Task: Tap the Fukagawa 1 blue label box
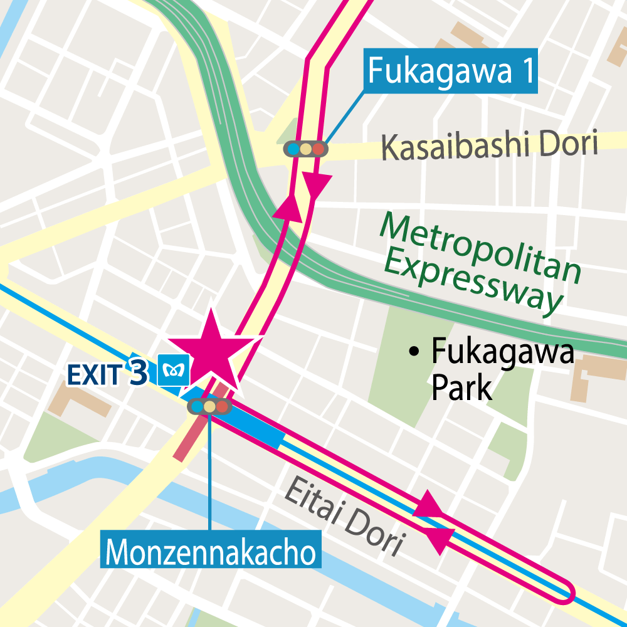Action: [450, 71]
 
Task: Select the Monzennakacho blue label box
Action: [211, 552]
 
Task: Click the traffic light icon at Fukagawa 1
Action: [305, 149]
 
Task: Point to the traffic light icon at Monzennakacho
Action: [209, 406]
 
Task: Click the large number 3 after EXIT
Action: [138, 371]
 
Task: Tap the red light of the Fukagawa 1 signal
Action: [319, 149]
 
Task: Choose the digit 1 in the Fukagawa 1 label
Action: [524, 71]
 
